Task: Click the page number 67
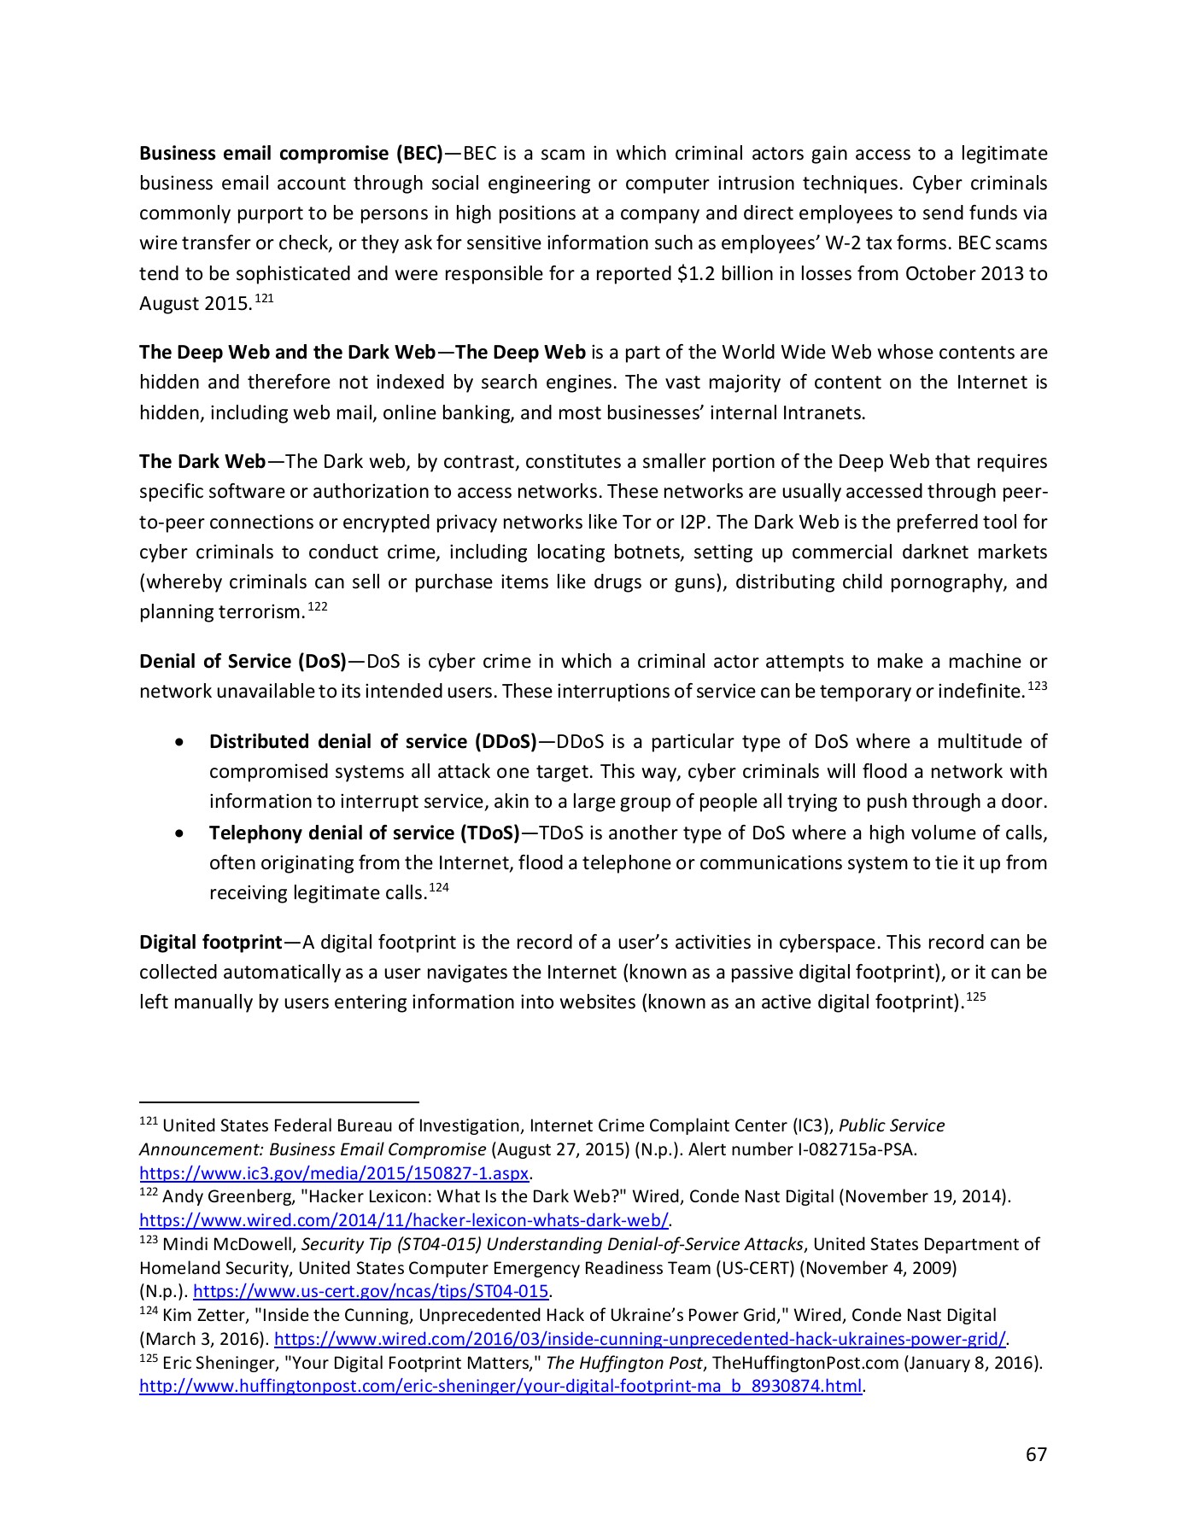(x=1035, y=1454)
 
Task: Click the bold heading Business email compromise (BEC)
(x=290, y=154)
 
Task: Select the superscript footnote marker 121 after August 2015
(x=265, y=299)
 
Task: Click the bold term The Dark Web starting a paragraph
(x=202, y=462)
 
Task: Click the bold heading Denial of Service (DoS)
(x=243, y=662)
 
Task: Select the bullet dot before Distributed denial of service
(x=178, y=742)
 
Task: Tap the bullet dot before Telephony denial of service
(x=178, y=833)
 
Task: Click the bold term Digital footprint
(x=210, y=943)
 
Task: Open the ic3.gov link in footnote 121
(x=334, y=1172)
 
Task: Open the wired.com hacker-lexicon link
(x=404, y=1220)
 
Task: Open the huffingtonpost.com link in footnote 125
(x=500, y=1385)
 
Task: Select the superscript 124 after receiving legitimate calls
(x=438, y=888)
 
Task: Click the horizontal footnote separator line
(x=278, y=1102)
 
